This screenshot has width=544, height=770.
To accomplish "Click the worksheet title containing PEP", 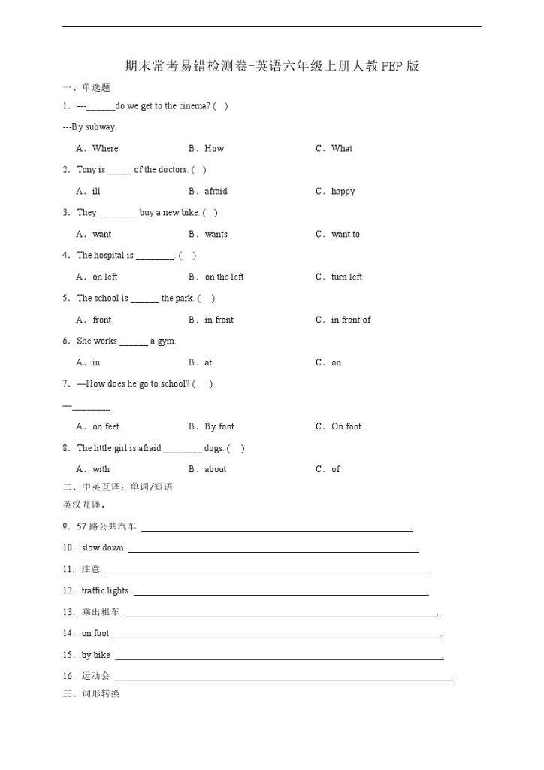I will point(271,66).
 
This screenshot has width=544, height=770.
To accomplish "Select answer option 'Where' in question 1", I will point(105,149).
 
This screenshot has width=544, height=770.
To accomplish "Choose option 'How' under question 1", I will point(214,149).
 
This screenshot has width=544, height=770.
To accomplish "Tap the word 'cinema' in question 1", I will point(194,106).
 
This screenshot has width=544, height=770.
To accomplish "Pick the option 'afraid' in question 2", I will point(216,192).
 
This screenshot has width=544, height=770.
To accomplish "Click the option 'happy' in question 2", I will point(343,192).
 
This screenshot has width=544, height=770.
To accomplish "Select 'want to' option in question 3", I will point(346,235).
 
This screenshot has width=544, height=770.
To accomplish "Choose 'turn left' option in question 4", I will point(346,277).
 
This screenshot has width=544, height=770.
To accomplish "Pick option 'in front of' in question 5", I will point(351,320).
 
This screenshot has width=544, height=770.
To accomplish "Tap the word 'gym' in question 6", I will point(166,341).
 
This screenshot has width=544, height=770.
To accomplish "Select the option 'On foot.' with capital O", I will point(347,427).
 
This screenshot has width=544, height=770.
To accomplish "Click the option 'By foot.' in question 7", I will point(220,427).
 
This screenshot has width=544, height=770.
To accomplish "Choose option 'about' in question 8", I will point(216,470).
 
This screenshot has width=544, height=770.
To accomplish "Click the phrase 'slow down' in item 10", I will point(103,548).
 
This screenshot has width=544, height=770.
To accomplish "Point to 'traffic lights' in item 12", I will point(105,591).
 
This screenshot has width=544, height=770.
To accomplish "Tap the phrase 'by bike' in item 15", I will point(96,656).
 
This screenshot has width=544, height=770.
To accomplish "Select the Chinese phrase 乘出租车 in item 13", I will point(101,613).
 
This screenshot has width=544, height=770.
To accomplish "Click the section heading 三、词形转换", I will point(92,693).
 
